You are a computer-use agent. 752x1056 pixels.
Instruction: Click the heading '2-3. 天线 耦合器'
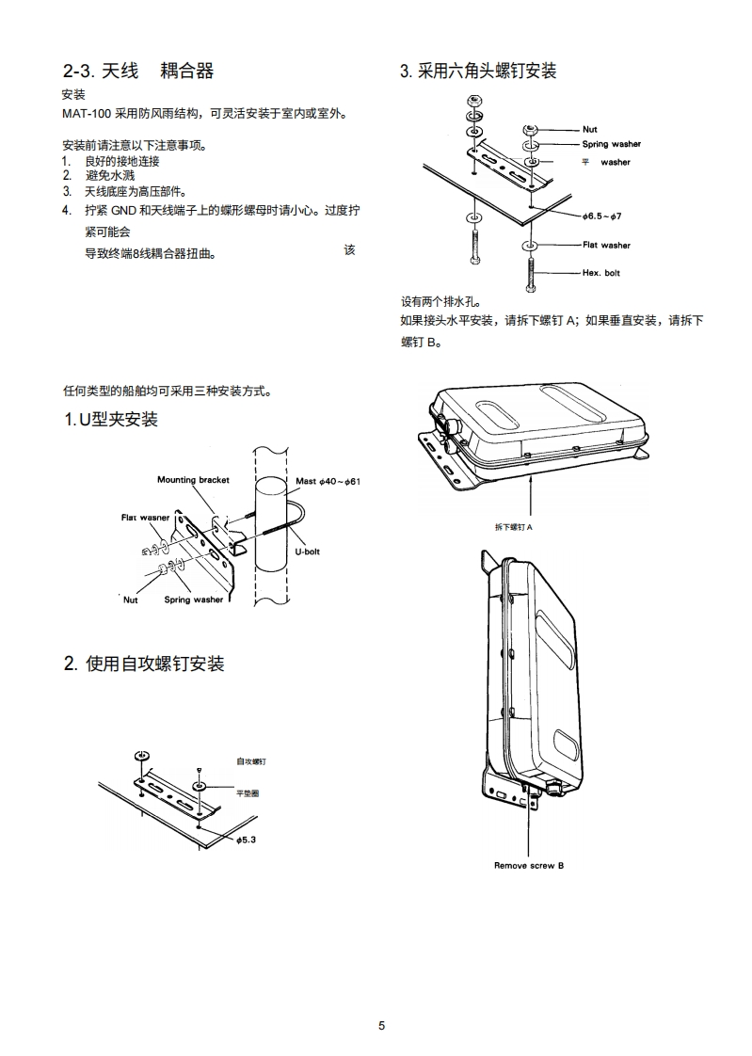tap(138, 71)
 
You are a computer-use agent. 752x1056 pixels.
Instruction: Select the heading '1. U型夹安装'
tap(110, 420)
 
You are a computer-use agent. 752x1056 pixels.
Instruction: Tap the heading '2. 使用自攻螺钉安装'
tap(144, 664)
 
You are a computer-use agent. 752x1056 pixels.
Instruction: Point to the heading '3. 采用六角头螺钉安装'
tap(478, 72)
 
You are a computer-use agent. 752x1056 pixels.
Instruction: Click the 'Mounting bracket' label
tap(193, 480)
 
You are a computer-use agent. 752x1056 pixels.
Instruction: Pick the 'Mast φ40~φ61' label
tap(328, 481)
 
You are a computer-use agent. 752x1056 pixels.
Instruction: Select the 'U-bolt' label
tap(307, 552)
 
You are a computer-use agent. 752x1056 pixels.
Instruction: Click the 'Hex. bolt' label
tap(600, 273)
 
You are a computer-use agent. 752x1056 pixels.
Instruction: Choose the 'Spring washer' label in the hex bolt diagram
tap(611, 144)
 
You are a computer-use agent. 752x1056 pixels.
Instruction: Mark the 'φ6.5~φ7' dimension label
tap(602, 216)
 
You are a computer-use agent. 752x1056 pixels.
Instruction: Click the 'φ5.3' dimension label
tap(246, 839)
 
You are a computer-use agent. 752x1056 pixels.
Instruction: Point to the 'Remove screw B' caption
tap(529, 865)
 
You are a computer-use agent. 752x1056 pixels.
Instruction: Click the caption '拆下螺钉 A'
tap(514, 527)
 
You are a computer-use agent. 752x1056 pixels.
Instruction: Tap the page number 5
tap(381, 1026)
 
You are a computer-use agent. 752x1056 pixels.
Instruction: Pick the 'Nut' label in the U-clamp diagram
tap(130, 600)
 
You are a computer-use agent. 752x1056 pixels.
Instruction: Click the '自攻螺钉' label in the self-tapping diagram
tap(250, 760)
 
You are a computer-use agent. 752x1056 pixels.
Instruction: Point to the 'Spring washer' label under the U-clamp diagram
tap(194, 600)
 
